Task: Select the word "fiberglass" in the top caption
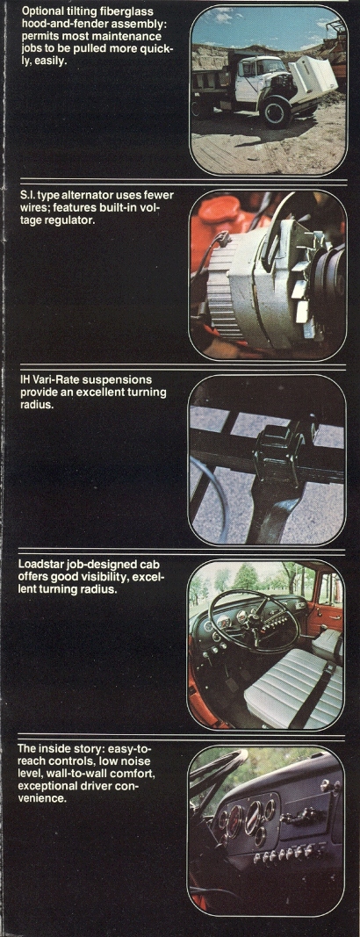coord(123,11)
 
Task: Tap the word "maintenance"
coord(133,36)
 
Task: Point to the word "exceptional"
coord(47,787)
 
